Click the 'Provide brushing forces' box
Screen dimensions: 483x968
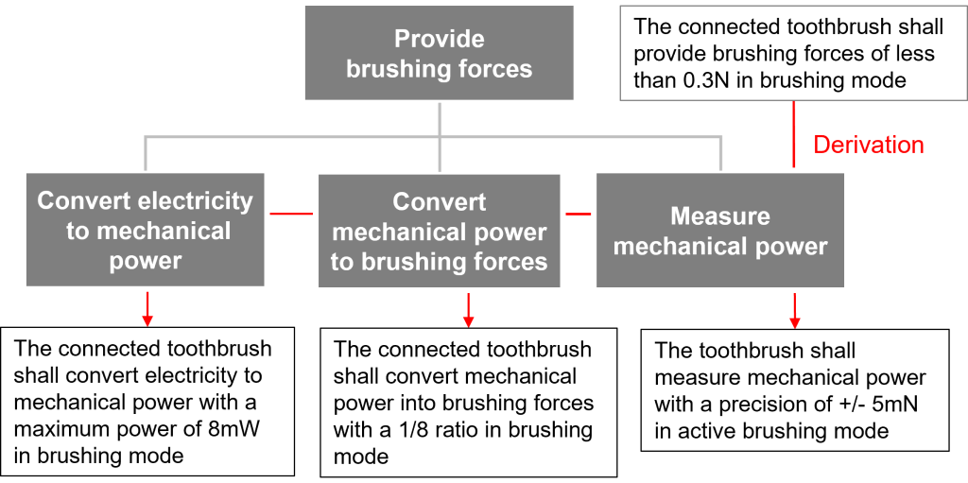pos(439,54)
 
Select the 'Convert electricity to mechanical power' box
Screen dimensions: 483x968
pos(146,231)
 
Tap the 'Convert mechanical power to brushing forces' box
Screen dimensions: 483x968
pos(439,232)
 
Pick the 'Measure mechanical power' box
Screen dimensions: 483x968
pos(720,232)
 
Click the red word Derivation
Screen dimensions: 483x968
pos(868,145)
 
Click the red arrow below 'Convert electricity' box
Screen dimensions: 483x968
pos(147,310)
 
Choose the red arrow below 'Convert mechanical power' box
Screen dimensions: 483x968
pos(468,310)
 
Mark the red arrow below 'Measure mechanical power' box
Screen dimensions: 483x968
pos(795,310)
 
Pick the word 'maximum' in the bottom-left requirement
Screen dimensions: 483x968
pos(56,428)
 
